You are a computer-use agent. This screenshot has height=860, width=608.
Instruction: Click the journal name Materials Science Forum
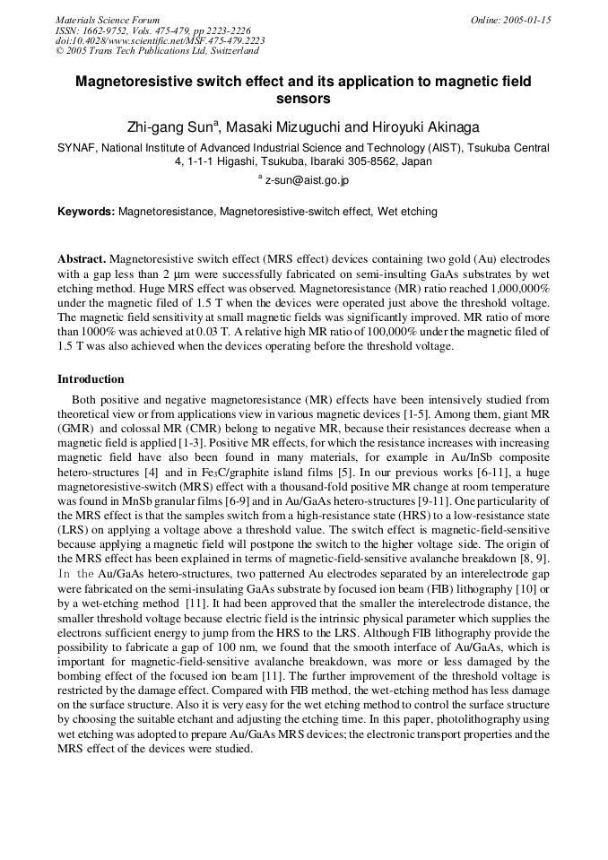pos(108,20)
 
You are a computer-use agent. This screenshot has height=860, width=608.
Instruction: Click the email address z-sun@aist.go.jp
pos(307,181)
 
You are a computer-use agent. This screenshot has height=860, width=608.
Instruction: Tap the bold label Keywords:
pos(86,213)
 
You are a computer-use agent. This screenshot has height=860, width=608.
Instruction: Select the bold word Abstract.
pos(82,258)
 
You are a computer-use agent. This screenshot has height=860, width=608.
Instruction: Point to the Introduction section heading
pos(91,379)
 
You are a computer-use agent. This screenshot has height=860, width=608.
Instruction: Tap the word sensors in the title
pos(303,99)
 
